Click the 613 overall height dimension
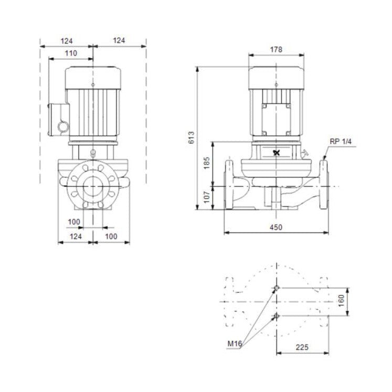pos(192,137)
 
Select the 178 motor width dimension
pos(277,49)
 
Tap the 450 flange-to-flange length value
pos(276,227)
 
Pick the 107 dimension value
pos(206,197)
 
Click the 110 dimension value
pos(70,53)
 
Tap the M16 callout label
pos(235,344)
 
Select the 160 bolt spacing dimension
pos(341,301)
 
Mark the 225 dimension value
pos(302,347)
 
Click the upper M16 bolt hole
pos(276,288)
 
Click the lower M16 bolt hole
pos(276,315)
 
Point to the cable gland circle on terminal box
pos(63,127)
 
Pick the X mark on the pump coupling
pos(277,153)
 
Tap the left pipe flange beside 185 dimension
pos(230,185)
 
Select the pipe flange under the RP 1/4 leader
pos(323,185)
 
